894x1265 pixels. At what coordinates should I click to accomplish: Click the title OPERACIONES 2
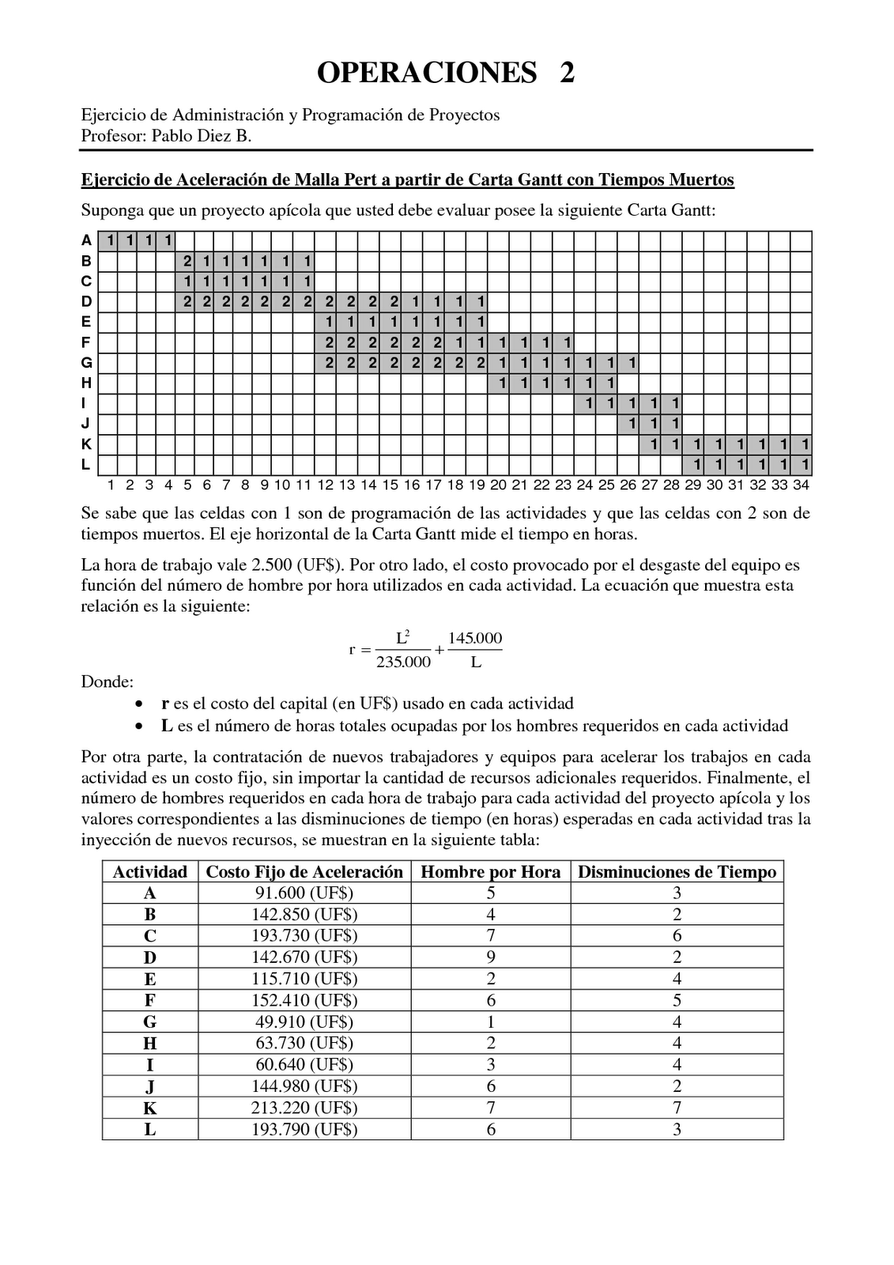tap(446, 73)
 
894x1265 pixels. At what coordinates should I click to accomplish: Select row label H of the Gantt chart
tap(86, 383)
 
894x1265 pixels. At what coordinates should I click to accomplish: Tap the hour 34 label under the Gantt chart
tap(801, 485)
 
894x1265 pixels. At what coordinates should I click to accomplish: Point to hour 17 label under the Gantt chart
tap(433, 485)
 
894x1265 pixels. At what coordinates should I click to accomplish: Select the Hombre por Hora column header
tap(490, 871)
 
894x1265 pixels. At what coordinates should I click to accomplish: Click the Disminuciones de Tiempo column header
tap(677, 871)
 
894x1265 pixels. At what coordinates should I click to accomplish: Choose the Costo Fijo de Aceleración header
tap(304, 871)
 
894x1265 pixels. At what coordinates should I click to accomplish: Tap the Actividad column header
tap(149, 871)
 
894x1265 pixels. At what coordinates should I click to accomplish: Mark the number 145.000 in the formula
tap(475, 638)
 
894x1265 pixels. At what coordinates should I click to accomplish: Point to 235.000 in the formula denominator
tap(403, 662)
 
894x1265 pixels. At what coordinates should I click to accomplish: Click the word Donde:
tap(108, 682)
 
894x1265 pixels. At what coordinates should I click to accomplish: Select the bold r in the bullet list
tap(164, 704)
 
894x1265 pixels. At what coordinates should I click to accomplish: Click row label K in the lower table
tap(149, 1107)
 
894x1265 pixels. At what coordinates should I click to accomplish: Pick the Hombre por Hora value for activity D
tap(490, 957)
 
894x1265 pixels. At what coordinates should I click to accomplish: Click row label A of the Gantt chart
tap(86, 240)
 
